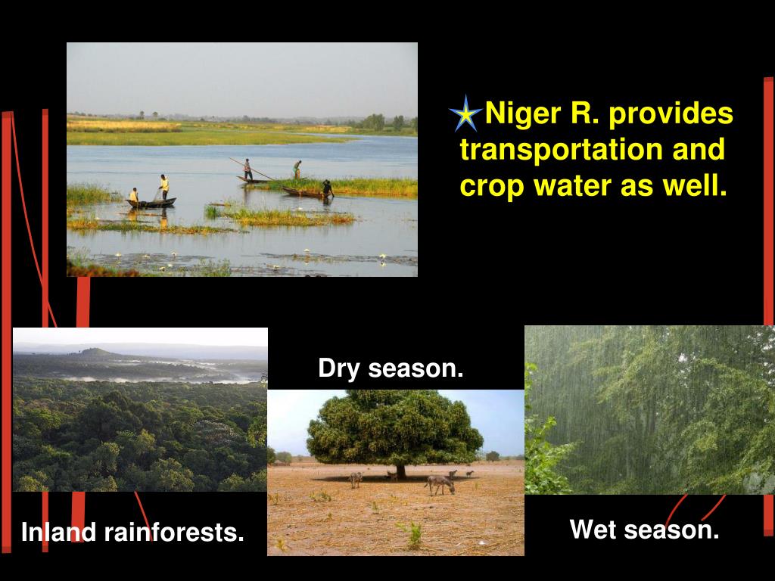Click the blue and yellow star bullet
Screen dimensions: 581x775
point(465,114)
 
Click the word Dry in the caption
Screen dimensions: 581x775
point(338,368)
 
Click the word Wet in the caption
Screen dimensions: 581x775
point(594,529)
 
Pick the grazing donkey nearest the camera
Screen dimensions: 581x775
point(440,483)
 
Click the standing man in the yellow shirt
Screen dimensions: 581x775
point(163,187)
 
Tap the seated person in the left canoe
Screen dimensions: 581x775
point(134,196)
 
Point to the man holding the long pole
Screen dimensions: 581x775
point(247,169)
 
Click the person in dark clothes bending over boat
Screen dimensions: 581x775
point(327,188)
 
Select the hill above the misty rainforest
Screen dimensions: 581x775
point(95,353)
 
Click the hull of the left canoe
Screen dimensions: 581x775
point(151,204)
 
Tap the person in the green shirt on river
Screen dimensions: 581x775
point(297,169)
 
